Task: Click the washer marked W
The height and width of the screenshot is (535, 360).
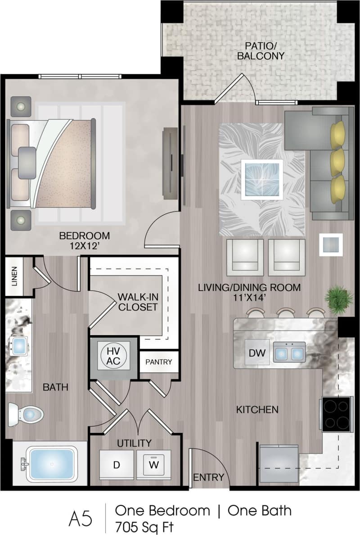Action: click(x=154, y=464)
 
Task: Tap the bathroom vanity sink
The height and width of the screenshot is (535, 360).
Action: click(x=19, y=346)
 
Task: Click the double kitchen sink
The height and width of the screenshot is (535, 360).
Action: click(x=289, y=353)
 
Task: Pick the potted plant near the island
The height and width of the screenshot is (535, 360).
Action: click(x=339, y=298)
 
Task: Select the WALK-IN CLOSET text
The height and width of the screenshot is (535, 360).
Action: click(x=138, y=302)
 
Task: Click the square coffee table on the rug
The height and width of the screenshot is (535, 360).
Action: click(x=261, y=179)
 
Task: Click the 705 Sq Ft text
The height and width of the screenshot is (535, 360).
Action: click(x=144, y=526)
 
